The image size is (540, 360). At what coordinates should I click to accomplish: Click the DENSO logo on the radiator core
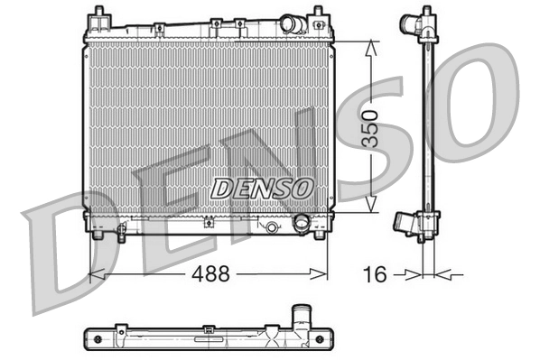tap(262, 188)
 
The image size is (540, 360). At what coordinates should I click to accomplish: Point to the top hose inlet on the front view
tap(291, 24)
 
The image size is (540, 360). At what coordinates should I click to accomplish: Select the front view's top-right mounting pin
tap(318, 15)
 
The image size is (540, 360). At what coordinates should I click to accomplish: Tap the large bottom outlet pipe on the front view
tap(302, 223)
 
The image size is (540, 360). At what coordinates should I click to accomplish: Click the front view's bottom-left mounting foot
tap(97, 236)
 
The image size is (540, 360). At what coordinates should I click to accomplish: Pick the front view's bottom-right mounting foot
tap(318, 236)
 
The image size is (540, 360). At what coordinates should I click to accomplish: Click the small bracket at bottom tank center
tap(269, 226)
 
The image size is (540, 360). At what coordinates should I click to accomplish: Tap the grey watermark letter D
tap(68, 253)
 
